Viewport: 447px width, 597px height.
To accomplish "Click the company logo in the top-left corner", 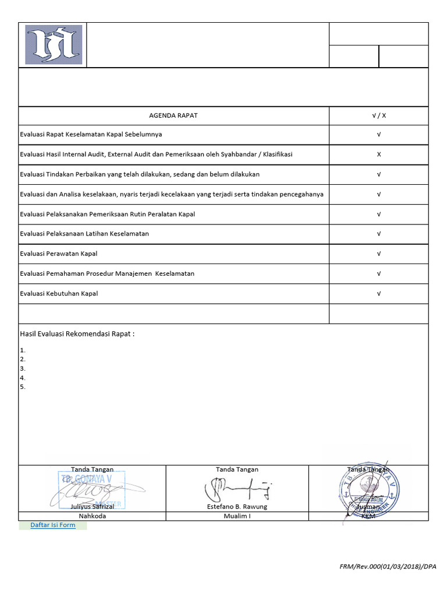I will pos(54,45).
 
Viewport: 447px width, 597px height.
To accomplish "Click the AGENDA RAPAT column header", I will pos(173,115).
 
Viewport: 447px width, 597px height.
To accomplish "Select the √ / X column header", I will pos(379,115).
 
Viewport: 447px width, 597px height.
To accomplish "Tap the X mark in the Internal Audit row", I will pos(379,154).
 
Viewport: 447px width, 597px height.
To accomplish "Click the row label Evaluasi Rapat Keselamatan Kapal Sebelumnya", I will pos(91,135).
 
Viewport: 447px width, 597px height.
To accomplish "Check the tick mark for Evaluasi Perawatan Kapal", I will pos(379,254).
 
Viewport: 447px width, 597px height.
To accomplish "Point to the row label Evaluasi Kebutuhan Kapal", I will pos(59,294).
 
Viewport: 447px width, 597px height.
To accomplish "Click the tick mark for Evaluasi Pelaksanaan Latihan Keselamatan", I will pos(379,234).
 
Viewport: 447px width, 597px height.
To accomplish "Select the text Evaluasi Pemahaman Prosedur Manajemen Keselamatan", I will pos(107,273).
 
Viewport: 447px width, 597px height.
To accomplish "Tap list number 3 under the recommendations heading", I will pos(23,368).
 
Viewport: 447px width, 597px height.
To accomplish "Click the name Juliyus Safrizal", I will pos(92,507).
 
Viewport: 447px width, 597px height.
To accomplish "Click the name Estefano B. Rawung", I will pos(237,507).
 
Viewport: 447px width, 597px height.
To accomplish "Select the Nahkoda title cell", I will pos(92,516).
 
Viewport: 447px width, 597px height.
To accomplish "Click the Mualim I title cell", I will pos(237,516).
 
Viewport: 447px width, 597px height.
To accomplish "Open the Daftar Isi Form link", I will pos(53,525).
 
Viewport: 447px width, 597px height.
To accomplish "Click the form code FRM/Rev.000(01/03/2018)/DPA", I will pos(388,567).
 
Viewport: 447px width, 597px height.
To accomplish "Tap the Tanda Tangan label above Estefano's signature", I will pos(237,469).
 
